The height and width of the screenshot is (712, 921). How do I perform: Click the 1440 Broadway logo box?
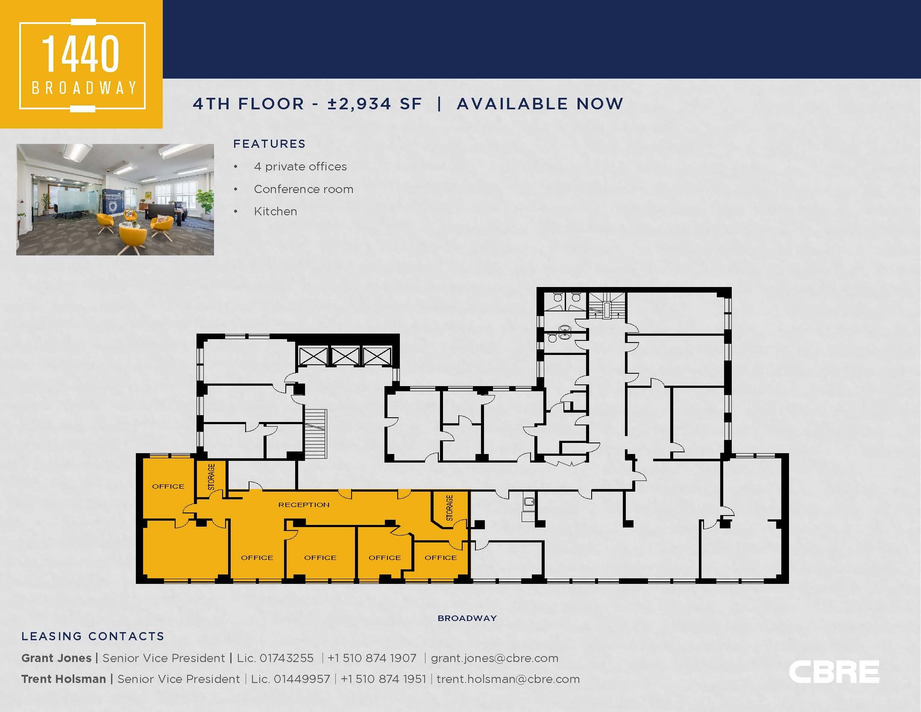pyautogui.click(x=81, y=64)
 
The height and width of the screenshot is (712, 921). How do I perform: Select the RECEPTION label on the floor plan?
pyautogui.click(x=304, y=505)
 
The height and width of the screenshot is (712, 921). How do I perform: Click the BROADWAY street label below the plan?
pyautogui.click(x=467, y=618)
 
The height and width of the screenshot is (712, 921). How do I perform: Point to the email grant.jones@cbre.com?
pyautogui.click(x=494, y=658)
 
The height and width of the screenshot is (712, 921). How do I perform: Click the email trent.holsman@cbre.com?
pyautogui.click(x=508, y=679)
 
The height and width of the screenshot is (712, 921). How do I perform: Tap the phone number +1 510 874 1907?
pyautogui.click(x=372, y=658)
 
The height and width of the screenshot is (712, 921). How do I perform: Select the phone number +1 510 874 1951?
pyautogui.click(x=383, y=679)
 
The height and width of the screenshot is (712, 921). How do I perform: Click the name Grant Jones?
pyautogui.click(x=56, y=658)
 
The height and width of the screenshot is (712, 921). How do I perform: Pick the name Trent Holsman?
pyautogui.click(x=64, y=679)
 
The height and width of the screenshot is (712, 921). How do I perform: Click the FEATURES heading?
pyautogui.click(x=269, y=144)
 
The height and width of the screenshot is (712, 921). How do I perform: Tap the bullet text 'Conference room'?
pyautogui.click(x=303, y=189)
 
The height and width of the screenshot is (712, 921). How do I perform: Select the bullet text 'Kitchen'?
pyautogui.click(x=275, y=211)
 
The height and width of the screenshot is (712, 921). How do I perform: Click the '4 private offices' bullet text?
pyautogui.click(x=300, y=167)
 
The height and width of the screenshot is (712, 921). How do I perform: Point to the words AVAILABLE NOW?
pyautogui.click(x=540, y=104)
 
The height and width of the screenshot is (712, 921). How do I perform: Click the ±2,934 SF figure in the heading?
pyautogui.click(x=375, y=104)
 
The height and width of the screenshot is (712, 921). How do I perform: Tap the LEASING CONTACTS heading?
pyautogui.click(x=93, y=636)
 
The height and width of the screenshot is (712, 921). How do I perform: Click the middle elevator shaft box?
pyautogui.click(x=345, y=356)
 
